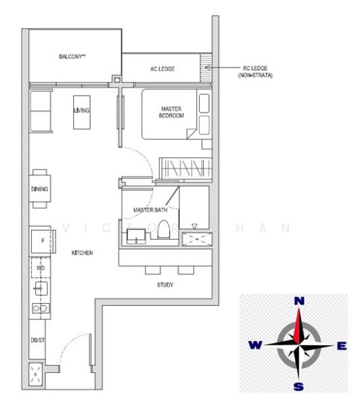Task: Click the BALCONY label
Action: (x=72, y=57)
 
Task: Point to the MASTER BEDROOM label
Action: (x=172, y=112)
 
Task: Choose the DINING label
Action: (x=39, y=189)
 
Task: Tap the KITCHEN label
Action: (x=82, y=252)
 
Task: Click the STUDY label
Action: (x=164, y=285)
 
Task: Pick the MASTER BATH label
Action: (x=150, y=210)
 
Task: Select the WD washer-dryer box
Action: (x=41, y=269)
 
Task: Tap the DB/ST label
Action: (x=37, y=340)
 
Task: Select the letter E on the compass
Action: (x=342, y=346)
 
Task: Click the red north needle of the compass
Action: (x=298, y=328)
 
